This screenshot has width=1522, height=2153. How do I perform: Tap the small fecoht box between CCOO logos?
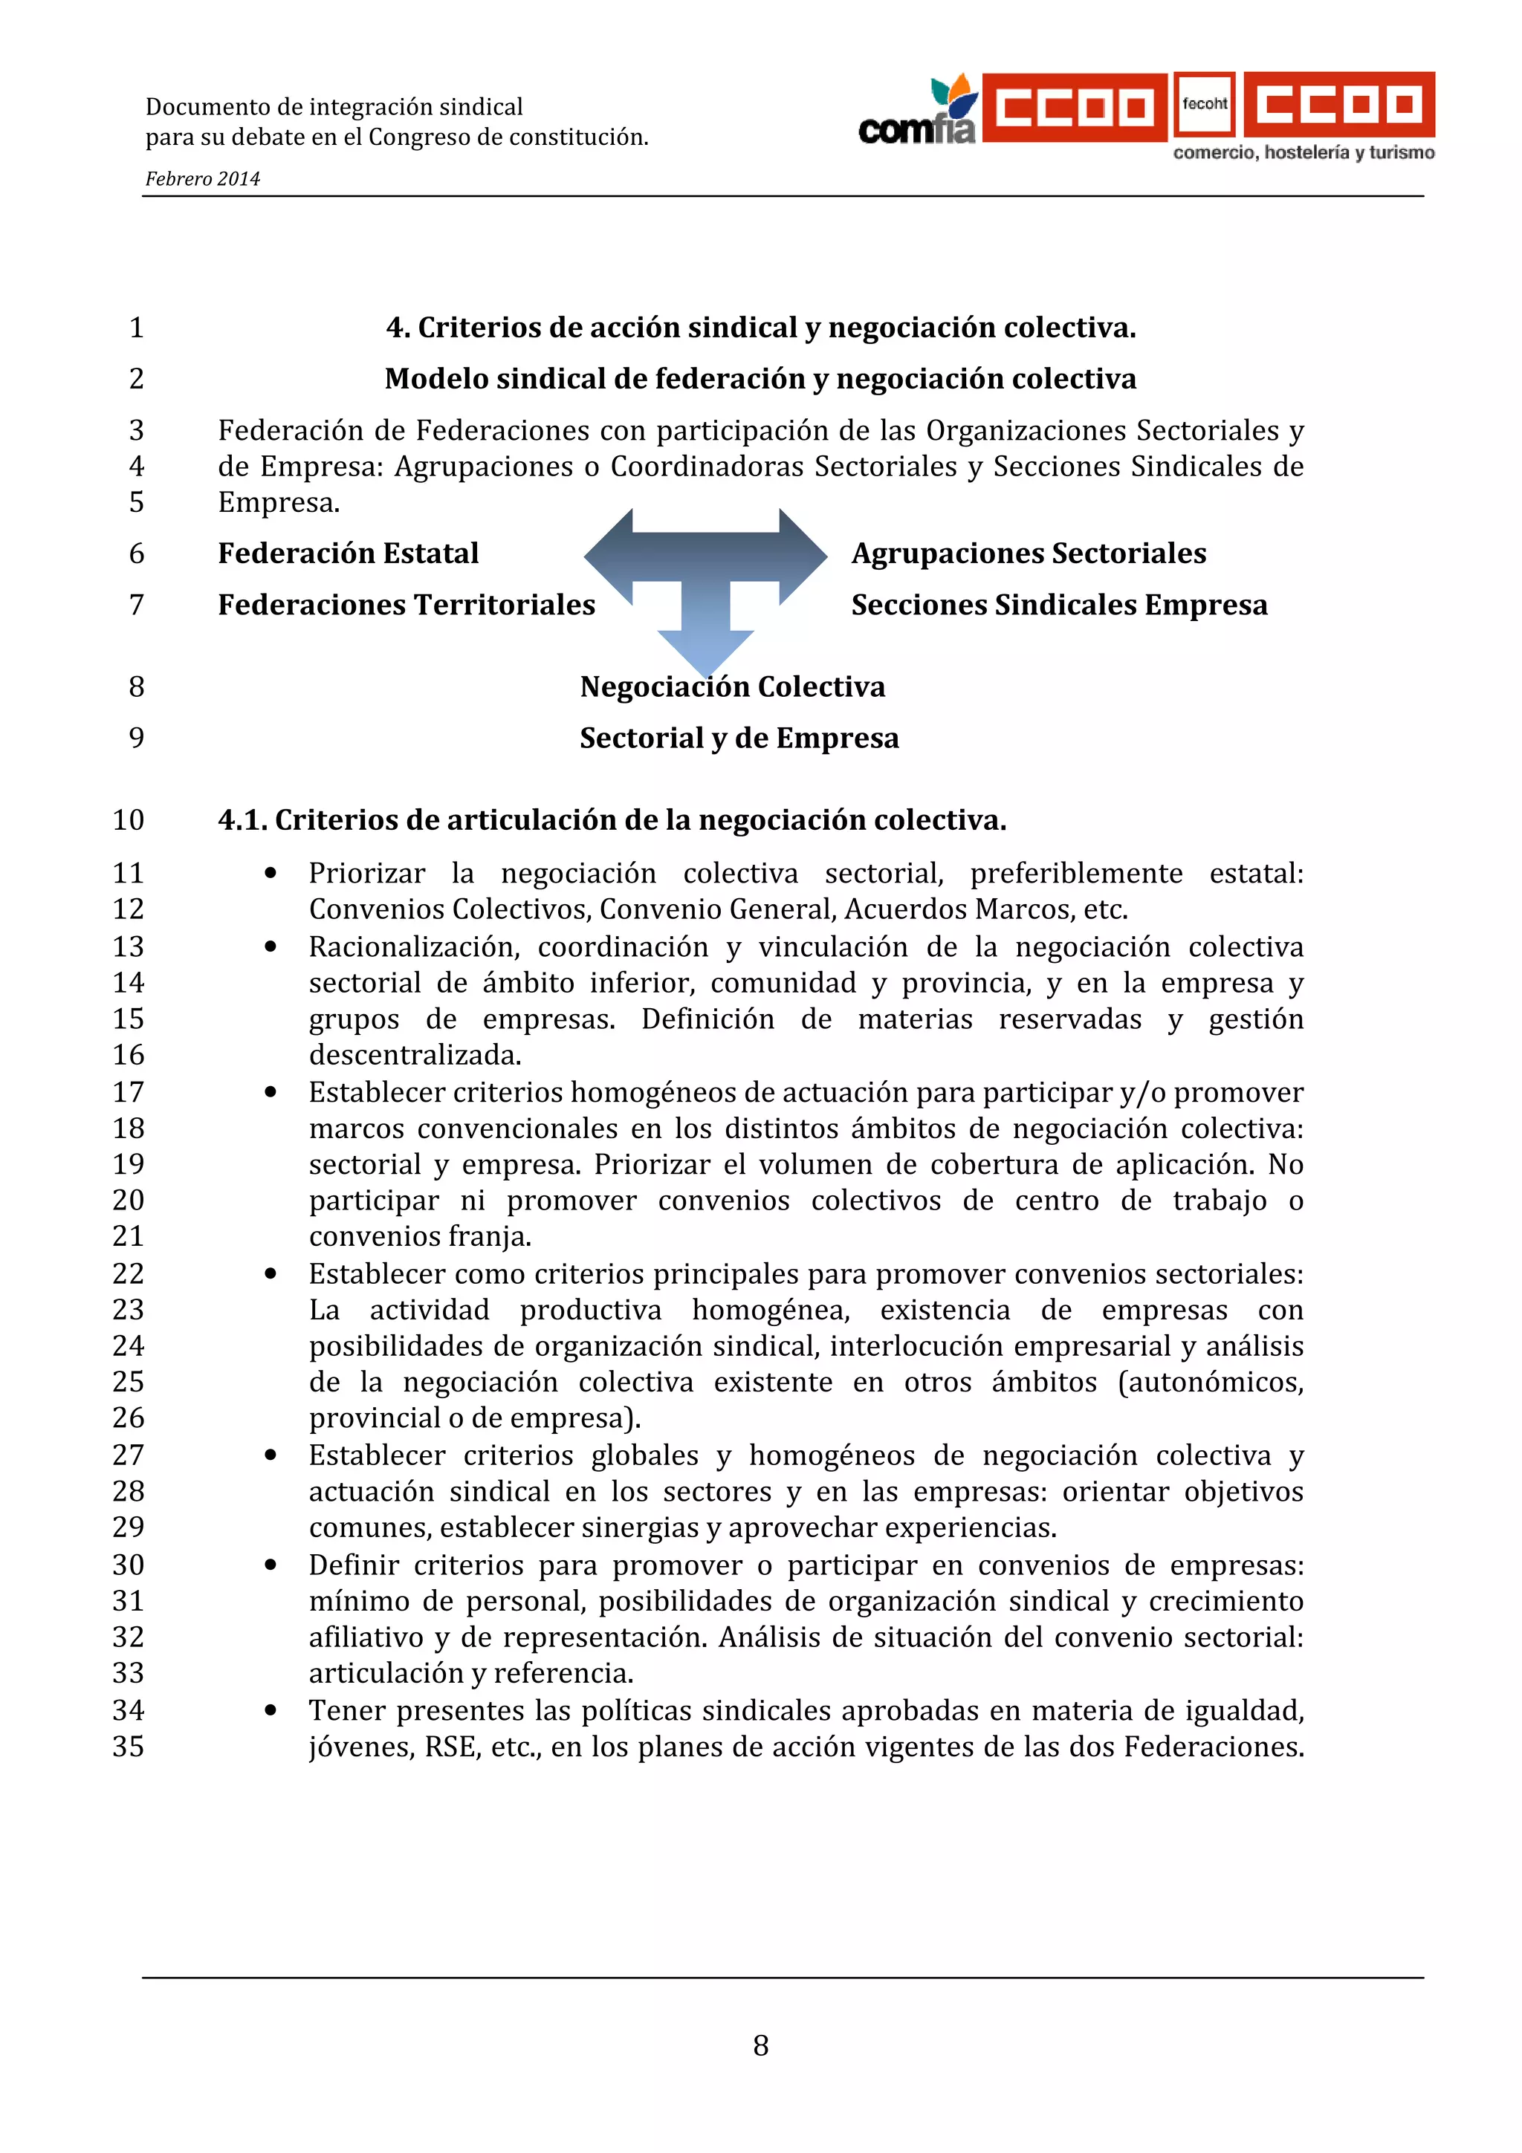point(1204,105)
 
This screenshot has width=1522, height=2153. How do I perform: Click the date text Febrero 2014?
point(203,179)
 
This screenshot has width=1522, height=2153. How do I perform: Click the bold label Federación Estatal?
point(348,553)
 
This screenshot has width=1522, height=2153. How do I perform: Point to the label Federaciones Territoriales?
point(406,605)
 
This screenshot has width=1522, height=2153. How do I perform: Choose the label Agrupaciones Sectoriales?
point(1028,553)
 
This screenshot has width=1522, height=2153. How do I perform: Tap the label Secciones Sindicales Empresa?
point(1059,605)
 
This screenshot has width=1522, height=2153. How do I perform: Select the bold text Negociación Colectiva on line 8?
point(733,686)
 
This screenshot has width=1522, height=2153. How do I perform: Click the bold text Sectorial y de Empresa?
point(739,738)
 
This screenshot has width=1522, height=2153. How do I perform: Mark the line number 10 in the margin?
point(129,819)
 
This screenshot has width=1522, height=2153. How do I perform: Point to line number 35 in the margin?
point(129,1746)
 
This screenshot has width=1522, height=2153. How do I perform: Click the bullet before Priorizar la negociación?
point(271,873)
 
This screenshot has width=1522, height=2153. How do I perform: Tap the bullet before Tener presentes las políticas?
point(271,1710)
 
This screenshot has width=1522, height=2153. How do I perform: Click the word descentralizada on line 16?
point(415,1055)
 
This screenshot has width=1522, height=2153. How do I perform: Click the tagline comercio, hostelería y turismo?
point(1304,153)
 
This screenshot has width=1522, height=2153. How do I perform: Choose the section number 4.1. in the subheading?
point(243,819)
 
